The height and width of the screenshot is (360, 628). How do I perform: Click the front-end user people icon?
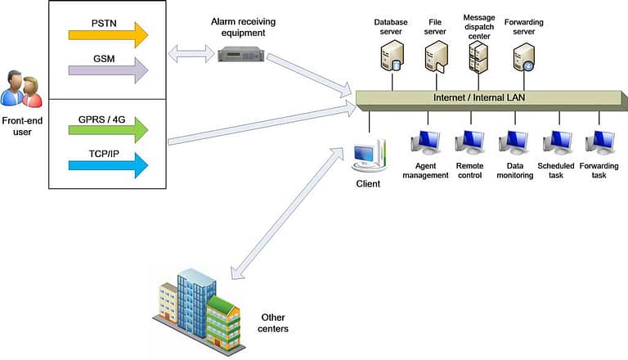(21, 89)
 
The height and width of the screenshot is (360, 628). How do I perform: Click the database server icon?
(390, 58)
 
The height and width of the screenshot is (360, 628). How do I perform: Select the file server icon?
(434, 58)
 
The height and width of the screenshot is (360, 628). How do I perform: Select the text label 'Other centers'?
(274, 322)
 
